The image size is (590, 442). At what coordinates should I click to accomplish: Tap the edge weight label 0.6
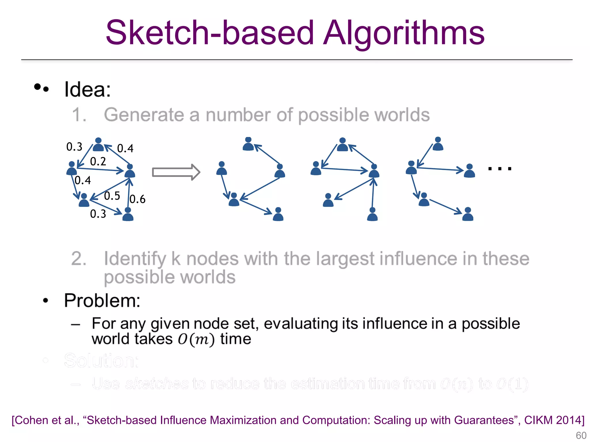click(x=137, y=199)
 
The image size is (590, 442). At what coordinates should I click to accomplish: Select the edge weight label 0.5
click(x=112, y=196)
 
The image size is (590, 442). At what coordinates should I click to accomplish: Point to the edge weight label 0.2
click(x=98, y=161)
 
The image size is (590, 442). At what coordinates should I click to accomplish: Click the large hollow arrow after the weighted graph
click(x=176, y=172)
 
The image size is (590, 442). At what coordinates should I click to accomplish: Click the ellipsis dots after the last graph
click(x=500, y=169)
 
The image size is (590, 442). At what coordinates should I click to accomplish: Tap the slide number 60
click(x=581, y=435)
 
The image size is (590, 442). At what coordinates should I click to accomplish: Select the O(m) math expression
click(x=196, y=339)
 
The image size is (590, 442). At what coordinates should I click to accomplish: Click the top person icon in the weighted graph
click(x=98, y=145)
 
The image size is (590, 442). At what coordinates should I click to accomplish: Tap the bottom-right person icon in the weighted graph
click(x=128, y=214)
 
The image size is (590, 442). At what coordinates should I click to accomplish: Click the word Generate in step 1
click(x=143, y=115)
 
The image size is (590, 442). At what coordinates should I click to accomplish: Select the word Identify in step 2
click(x=135, y=259)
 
